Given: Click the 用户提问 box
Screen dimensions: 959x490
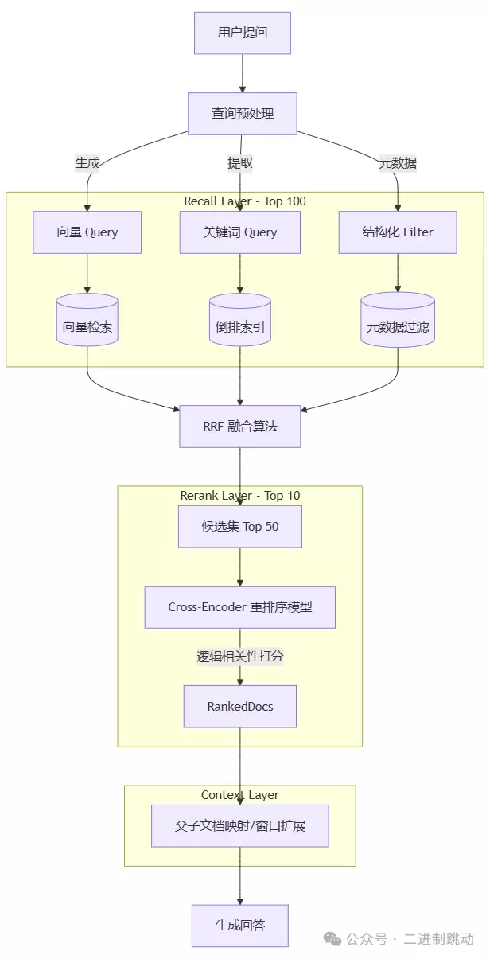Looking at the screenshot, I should click(x=243, y=33).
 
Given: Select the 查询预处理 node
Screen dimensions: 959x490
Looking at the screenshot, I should click(x=243, y=114).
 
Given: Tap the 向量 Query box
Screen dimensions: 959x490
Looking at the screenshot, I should click(x=87, y=232).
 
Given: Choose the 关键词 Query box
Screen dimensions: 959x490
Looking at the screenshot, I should click(x=239, y=232).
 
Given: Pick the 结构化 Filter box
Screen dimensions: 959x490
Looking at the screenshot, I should click(x=398, y=232).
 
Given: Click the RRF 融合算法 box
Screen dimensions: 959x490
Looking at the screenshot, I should click(x=239, y=427).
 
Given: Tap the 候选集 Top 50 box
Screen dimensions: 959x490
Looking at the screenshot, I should click(x=239, y=527).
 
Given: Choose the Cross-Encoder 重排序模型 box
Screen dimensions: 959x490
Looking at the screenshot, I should click(x=239, y=607).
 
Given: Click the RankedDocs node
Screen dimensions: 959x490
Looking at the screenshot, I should click(x=239, y=707).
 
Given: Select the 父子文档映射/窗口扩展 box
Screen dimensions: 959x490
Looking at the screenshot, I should click(x=239, y=826).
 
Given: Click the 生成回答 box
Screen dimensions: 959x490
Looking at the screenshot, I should click(x=239, y=926).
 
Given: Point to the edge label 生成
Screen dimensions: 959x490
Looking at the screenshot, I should click(x=87, y=163).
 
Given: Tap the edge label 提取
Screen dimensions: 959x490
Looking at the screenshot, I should click(x=239, y=163).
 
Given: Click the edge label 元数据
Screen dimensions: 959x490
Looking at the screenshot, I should click(x=398, y=163).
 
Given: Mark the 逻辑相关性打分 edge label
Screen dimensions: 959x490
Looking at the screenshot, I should click(x=239, y=657).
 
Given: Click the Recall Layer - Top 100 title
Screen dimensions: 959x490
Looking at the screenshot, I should click(x=244, y=201).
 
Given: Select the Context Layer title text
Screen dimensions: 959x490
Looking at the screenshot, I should click(x=239, y=795).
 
